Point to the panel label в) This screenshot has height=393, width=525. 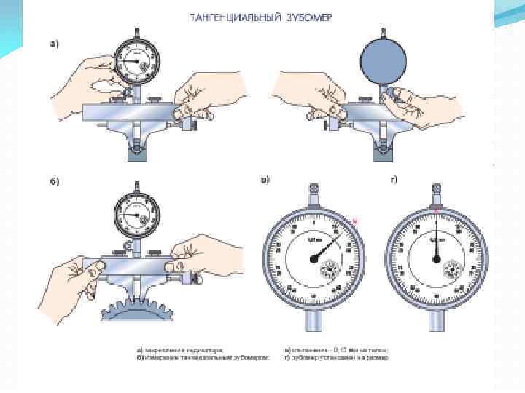[x=265, y=179]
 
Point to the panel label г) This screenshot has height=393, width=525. [x=393, y=179]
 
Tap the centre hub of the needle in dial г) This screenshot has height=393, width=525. [x=436, y=258]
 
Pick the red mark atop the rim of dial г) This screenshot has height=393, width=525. [x=436, y=211]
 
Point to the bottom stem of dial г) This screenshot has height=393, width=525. [x=436, y=331]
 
